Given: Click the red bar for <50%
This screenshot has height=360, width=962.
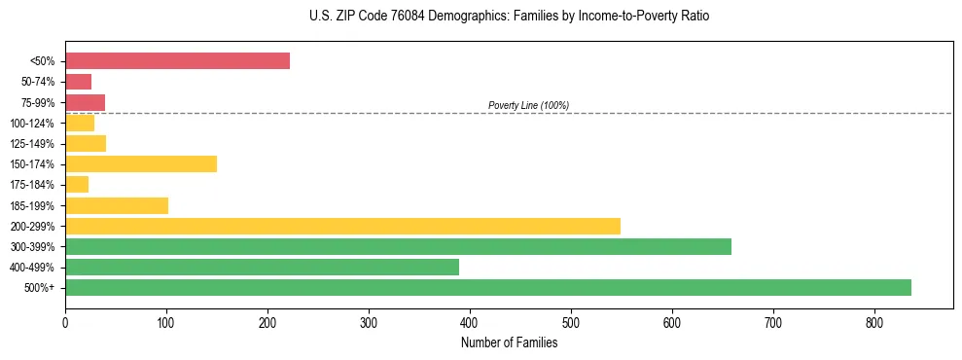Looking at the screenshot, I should (177, 61).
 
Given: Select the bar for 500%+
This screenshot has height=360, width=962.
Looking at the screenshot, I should (487, 287).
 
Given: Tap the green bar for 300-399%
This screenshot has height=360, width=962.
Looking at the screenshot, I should (398, 246).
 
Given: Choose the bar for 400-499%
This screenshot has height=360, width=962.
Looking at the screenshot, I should (262, 267).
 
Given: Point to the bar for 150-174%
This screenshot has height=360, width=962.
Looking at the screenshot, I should (141, 163).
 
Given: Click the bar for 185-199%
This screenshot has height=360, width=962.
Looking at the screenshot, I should (117, 205).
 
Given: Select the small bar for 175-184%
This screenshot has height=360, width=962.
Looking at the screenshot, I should (77, 184).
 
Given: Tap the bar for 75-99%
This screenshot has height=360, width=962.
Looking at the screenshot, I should (85, 102).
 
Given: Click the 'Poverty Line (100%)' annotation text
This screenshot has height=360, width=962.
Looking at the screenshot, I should (528, 105).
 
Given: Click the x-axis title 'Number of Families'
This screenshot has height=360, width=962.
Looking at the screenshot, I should (509, 342).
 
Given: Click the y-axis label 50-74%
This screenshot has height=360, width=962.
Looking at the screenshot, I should (39, 82).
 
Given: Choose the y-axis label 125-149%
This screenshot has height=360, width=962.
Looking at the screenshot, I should (34, 144).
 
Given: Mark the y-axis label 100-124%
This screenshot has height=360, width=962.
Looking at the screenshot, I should (34, 123).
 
